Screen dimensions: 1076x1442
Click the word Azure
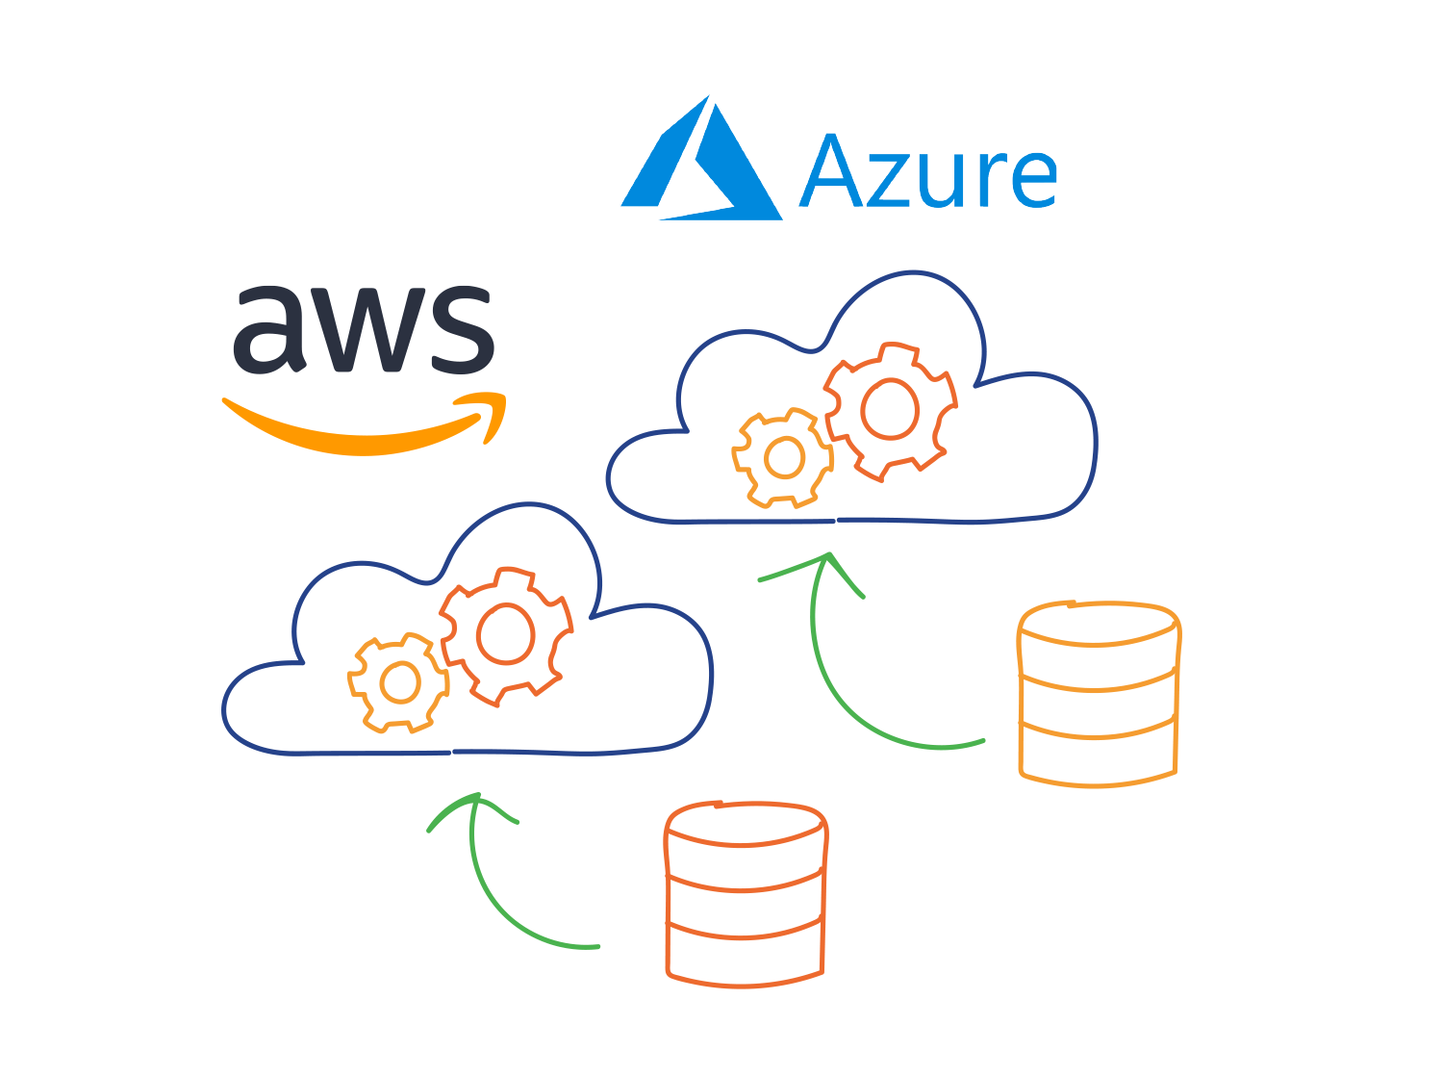pyautogui.click(x=928, y=173)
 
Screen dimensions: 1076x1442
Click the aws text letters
pyautogui.click(x=364, y=329)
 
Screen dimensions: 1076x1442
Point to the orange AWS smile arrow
pyautogui.click(x=366, y=428)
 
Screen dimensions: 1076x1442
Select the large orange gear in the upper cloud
pyautogui.click(x=890, y=409)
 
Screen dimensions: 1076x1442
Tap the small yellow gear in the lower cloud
pyautogui.click(x=399, y=682)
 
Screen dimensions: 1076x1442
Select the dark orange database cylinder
pyautogui.click(x=746, y=892)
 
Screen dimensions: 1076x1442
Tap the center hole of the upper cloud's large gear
pyautogui.click(x=891, y=409)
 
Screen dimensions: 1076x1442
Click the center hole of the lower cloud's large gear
pyautogui.click(x=506, y=634)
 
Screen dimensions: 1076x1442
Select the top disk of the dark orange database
pyautogui.click(x=746, y=824)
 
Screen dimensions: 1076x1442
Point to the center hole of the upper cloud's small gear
pyautogui.click(x=784, y=458)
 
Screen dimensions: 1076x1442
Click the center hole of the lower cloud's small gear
pyautogui.click(x=399, y=682)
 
